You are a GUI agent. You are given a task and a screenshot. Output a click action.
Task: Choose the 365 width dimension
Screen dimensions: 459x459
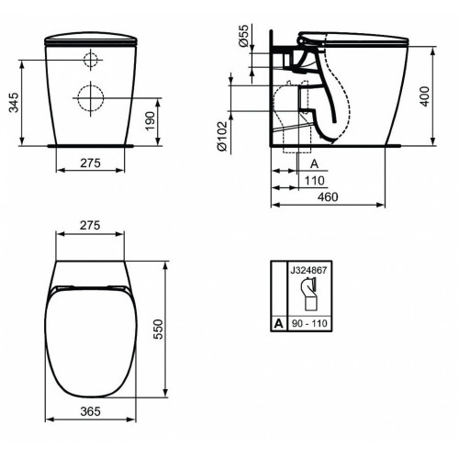[91, 411]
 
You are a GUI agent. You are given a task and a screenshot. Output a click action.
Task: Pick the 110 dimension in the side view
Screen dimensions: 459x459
[312, 180]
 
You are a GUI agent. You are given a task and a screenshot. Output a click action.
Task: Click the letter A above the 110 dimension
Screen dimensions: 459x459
[312, 163]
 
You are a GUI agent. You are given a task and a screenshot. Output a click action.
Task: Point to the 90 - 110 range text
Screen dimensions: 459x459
[308, 324]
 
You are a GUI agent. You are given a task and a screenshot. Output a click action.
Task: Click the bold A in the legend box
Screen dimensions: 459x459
[278, 324]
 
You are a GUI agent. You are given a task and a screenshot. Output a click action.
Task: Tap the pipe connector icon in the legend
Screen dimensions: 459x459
[308, 296]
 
